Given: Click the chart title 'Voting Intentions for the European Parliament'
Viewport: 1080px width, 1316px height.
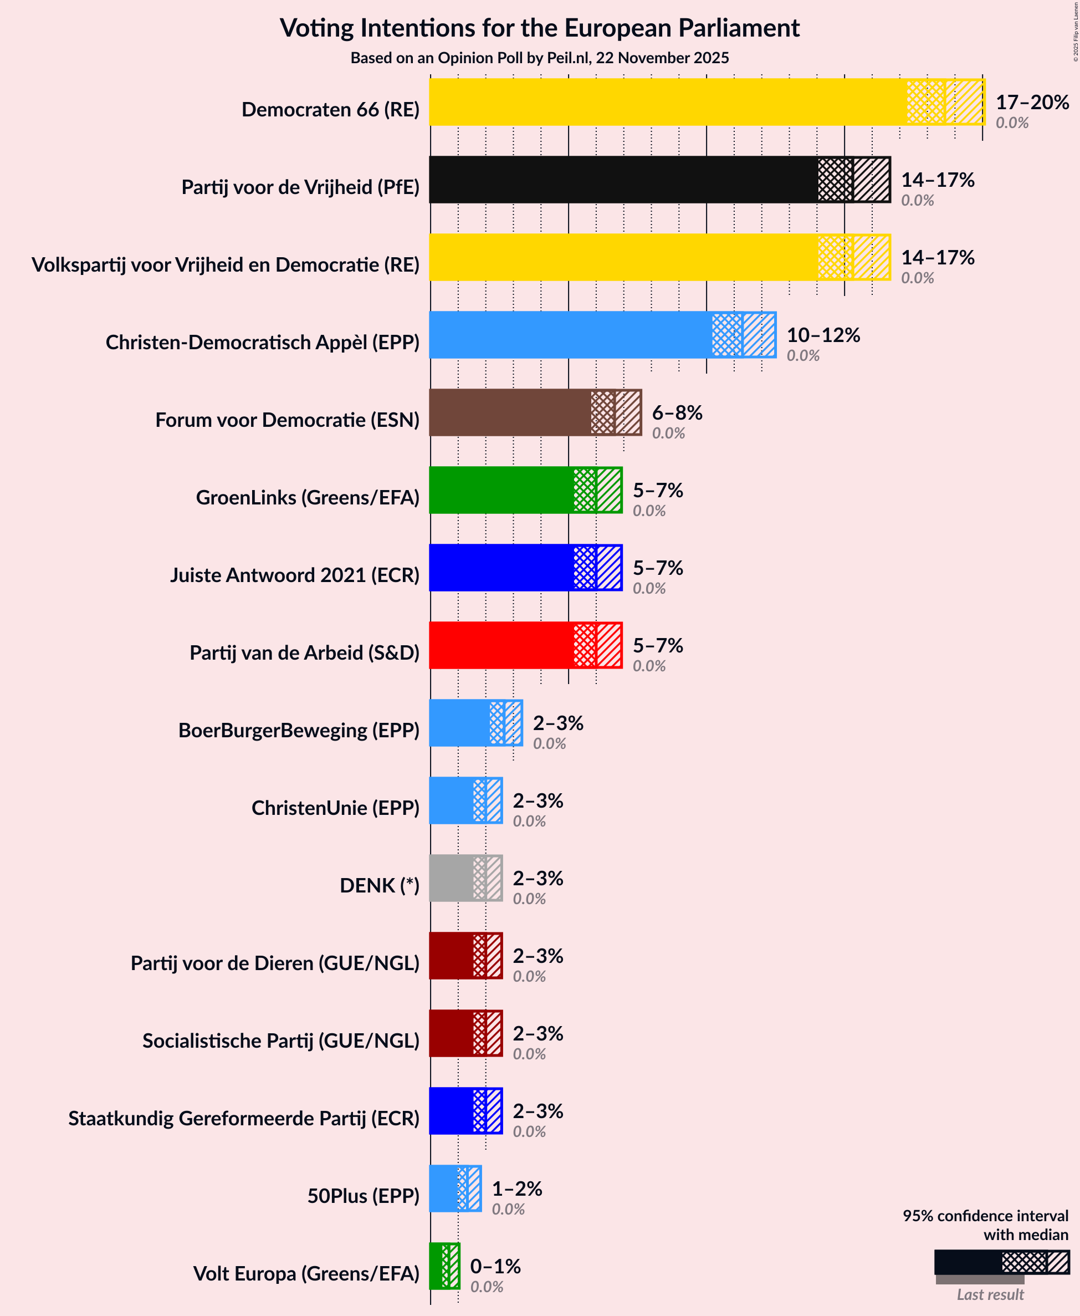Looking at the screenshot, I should click(539, 28).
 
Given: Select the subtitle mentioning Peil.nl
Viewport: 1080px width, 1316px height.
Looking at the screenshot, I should click(539, 58).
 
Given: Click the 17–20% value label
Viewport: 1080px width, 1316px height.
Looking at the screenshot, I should click(1032, 102).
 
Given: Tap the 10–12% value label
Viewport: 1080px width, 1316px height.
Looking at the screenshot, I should click(823, 335).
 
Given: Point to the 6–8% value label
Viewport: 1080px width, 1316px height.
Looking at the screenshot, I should click(677, 412).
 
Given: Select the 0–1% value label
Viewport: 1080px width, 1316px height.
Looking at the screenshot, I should click(495, 1266).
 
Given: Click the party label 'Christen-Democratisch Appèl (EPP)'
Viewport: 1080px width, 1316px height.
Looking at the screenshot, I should click(263, 342).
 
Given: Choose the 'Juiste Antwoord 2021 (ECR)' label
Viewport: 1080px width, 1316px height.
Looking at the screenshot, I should click(295, 575).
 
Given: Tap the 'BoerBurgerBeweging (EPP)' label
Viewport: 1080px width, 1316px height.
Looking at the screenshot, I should click(299, 730).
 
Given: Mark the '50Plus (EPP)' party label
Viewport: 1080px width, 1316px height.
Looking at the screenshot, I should click(364, 1195).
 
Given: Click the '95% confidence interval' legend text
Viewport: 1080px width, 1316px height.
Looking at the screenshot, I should click(985, 1215).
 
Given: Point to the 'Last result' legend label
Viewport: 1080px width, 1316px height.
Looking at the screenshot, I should click(990, 1294).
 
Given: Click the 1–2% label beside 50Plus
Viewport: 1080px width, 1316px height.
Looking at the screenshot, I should click(517, 1189).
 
